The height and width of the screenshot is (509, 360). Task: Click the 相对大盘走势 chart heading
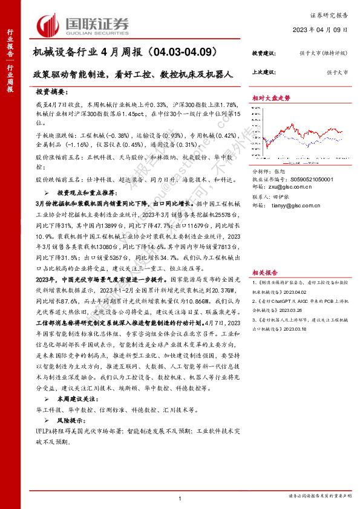[x=270, y=97]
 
